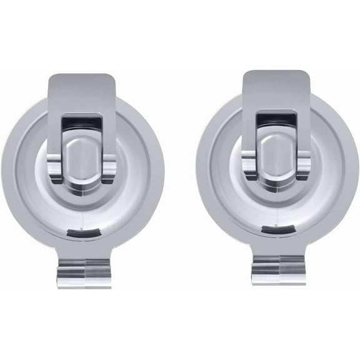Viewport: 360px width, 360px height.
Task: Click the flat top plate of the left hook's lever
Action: [82, 91]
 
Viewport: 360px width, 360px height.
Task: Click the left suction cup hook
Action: [82, 181]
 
